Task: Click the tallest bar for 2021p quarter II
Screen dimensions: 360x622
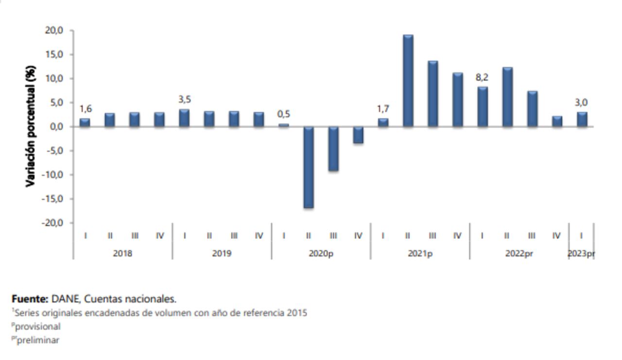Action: pyautogui.click(x=408, y=81)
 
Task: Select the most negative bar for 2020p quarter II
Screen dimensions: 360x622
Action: pyautogui.click(x=309, y=167)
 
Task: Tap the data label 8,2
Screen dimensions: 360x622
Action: pyautogui.click(x=482, y=77)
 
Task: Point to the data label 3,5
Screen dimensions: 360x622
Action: pyautogui.click(x=185, y=100)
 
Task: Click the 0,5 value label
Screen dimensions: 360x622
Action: pyautogui.click(x=284, y=114)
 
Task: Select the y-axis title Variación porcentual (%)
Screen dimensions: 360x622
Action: pyautogui.click(x=31, y=126)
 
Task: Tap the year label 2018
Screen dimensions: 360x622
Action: pyautogui.click(x=122, y=254)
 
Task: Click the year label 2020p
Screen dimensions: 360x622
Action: pyautogui.click(x=321, y=254)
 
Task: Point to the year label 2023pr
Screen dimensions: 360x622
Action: pyautogui.click(x=581, y=254)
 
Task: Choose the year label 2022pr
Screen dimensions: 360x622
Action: pyautogui.click(x=519, y=254)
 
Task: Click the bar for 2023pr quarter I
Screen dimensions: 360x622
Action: pyautogui.click(x=582, y=120)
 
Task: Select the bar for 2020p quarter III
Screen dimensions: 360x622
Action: pyautogui.click(x=333, y=149)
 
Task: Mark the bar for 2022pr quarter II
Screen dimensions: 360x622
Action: pyautogui.click(x=507, y=97)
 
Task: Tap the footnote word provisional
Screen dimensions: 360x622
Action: pyautogui.click(x=38, y=326)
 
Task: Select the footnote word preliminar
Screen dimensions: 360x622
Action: pyautogui.click(x=38, y=340)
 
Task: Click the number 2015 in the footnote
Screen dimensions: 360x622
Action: pyautogui.click(x=296, y=313)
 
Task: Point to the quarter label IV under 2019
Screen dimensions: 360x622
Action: pyautogui.click(x=259, y=236)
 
